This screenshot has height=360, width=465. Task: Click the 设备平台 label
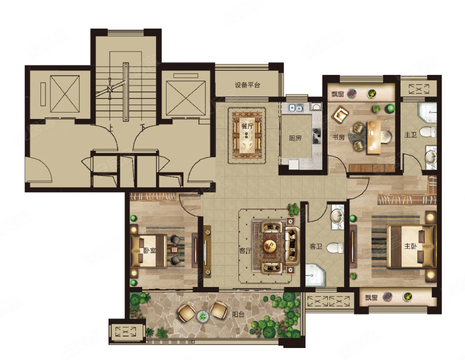pyautogui.click(x=247, y=85)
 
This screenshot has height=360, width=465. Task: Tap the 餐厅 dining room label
pyautogui.click(x=247, y=125)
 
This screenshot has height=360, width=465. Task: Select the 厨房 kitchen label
pyautogui.click(x=295, y=137)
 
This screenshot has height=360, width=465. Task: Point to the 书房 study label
pyautogui.click(x=338, y=137)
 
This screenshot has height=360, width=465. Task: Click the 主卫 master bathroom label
pyautogui.click(x=410, y=135)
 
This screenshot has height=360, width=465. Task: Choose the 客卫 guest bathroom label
pyautogui.click(x=316, y=246)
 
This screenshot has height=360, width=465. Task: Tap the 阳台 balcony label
pyautogui.click(x=238, y=314)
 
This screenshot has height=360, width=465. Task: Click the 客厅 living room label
pyautogui.click(x=245, y=251)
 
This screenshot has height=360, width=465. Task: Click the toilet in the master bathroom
pyautogui.click(x=428, y=131)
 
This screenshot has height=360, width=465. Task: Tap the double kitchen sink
pyautogui.click(x=295, y=107)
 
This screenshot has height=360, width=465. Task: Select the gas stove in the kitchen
pyautogui.click(x=316, y=136)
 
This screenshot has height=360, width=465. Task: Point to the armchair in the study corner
pyautogui.click(x=340, y=114)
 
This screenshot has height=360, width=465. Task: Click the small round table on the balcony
pyautogui.click(x=202, y=316)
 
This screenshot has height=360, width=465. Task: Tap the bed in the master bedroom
pyautogui.click(x=410, y=246)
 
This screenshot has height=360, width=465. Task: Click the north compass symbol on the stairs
pyautogui.click(x=109, y=88)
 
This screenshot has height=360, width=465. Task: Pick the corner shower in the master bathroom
pyautogui.click(x=427, y=112)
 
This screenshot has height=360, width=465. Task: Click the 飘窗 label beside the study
pyautogui.click(x=337, y=94)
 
